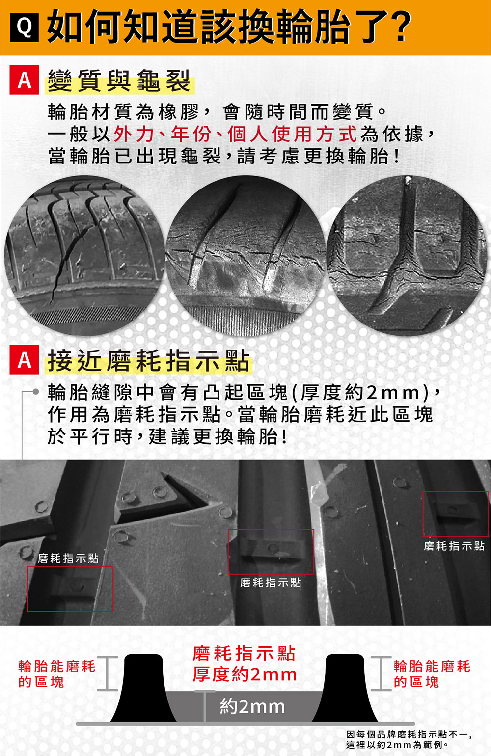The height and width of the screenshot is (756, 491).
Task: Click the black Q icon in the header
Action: tap(25, 28)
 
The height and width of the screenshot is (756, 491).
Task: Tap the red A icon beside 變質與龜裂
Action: tap(24, 81)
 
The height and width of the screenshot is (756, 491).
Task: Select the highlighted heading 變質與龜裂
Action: tap(119, 81)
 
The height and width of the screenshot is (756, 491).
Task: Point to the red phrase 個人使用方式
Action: tap(292, 134)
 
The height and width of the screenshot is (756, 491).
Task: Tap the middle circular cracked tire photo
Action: tap(245, 255)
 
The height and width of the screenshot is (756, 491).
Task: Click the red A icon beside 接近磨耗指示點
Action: tap(24, 360)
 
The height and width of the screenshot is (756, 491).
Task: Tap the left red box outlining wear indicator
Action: tap(70, 589)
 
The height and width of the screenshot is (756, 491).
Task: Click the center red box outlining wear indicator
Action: tap(271, 552)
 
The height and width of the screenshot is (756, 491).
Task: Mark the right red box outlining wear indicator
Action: tap(455, 513)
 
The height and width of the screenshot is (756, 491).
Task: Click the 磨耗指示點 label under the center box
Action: tap(271, 583)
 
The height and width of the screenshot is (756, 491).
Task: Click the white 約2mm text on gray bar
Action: tap(252, 707)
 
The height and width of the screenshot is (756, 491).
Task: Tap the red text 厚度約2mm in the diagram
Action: tap(245, 675)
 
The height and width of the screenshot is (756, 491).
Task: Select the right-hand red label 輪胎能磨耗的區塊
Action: tap(432, 674)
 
